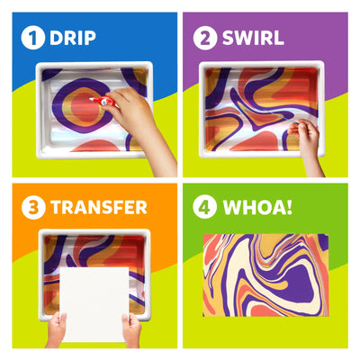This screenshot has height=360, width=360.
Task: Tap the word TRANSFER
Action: [x=99, y=207]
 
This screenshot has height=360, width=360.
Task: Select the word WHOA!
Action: [x=259, y=207]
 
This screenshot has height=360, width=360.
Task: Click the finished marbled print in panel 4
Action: [x=265, y=274]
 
